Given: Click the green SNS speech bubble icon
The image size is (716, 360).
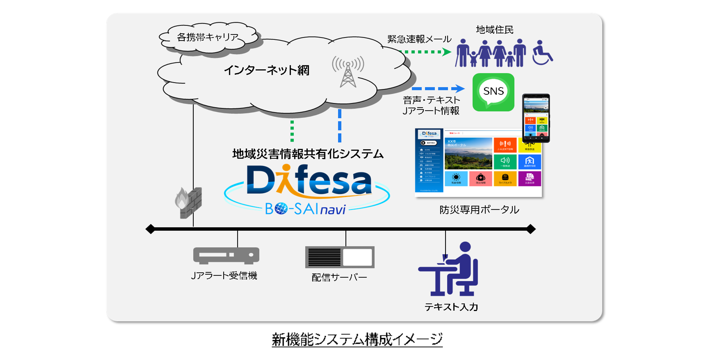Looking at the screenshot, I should point(493,92).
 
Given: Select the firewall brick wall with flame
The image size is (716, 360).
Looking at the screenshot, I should point(189,202).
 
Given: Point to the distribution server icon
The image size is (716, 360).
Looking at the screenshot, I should point(340,257).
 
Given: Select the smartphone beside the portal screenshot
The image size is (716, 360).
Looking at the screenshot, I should point(536,118).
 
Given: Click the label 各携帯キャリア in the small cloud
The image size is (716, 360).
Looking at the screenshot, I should point(208,37).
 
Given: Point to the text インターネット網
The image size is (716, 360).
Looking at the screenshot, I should point(267,70).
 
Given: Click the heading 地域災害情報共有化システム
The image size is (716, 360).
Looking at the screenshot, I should point(308,154).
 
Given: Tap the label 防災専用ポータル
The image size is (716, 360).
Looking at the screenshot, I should point(479,210).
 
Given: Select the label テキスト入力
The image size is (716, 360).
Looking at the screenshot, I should point(451,307).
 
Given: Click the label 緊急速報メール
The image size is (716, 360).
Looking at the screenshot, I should point(419,39).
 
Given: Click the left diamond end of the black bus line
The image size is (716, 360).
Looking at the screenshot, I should point(150,229).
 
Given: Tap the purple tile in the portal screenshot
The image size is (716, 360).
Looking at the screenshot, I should point(529,178).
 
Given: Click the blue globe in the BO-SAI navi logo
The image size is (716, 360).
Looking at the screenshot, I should point(281,209).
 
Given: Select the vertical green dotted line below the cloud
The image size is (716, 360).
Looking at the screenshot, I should point(292,131).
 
